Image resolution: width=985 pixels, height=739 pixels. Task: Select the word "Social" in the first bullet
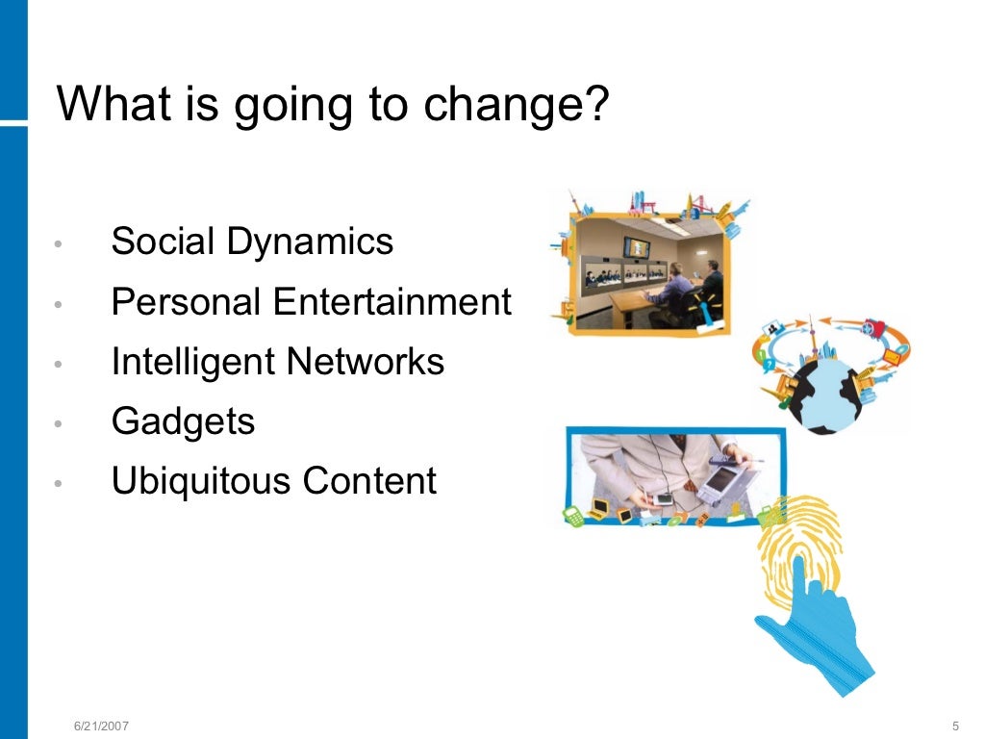coord(163,241)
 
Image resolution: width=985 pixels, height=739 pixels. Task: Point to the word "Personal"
coord(187,302)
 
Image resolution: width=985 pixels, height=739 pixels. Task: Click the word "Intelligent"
coord(192,363)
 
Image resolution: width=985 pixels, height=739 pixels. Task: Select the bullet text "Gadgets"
coord(183,422)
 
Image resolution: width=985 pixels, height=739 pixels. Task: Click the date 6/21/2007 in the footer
coord(102,724)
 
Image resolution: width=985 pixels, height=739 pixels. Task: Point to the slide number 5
coord(954,724)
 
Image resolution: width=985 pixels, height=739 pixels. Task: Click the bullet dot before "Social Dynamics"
coord(59,244)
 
